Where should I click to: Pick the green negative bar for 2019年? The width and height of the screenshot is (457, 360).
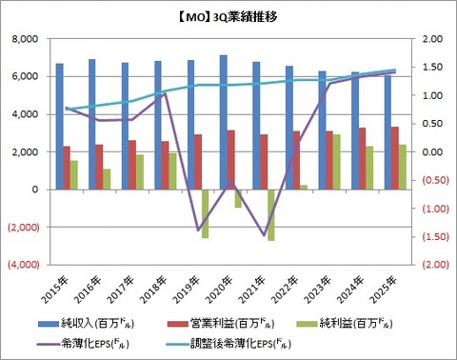pyautogui.click(x=205, y=213)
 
